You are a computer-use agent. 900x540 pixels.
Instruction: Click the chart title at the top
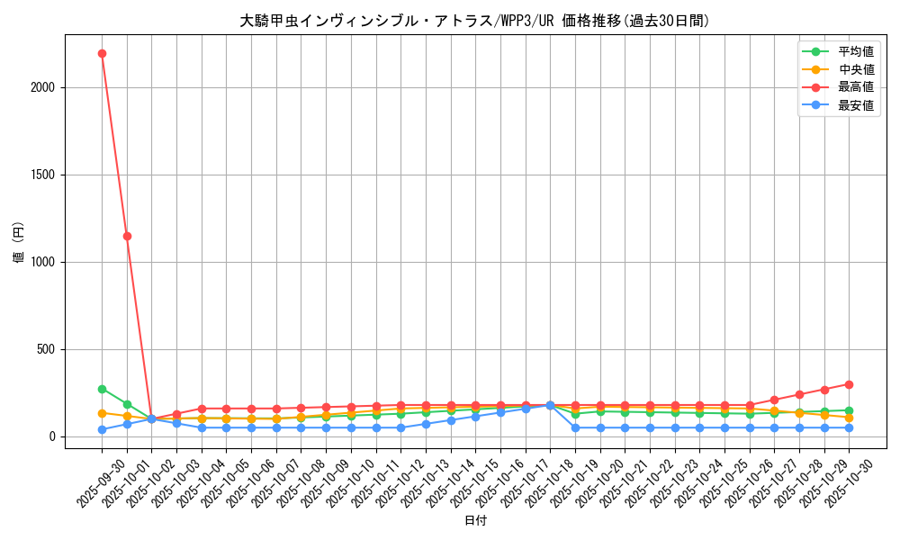(474, 21)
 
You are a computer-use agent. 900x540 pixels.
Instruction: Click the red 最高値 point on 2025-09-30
(102, 53)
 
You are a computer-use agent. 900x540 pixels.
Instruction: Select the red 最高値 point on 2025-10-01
(127, 236)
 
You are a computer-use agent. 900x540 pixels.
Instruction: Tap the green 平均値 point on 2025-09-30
(102, 389)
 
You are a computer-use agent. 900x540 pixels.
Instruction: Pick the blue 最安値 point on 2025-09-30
(102, 429)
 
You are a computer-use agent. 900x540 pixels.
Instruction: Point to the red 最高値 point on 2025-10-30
(849, 384)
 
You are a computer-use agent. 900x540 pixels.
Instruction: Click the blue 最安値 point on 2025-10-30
(849, 427)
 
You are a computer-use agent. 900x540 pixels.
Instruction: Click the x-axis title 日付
(474, 521)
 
